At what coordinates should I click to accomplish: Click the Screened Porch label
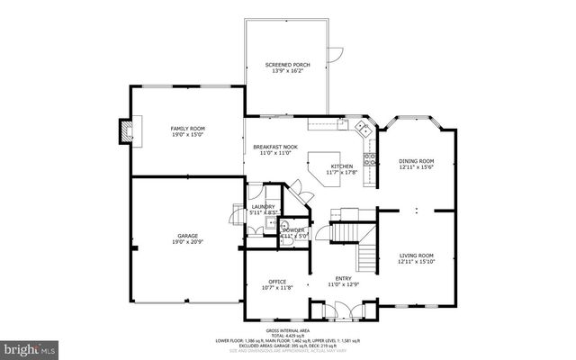[x=287, y=66]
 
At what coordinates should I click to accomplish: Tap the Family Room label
[x=188, y=129]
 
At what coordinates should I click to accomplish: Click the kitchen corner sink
[x=365, y=129]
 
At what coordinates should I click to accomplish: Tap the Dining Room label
[x=416, y=161]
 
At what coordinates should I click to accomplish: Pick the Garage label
[x=187, y=236]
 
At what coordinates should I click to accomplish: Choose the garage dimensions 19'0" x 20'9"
[x=187, y=242]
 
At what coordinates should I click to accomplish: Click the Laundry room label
[x=263, y=207]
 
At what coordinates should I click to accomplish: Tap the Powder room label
[x=293, y=230]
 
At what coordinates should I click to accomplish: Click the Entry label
[x=343, y=278]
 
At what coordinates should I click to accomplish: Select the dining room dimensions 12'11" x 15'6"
[x=416, y=167]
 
